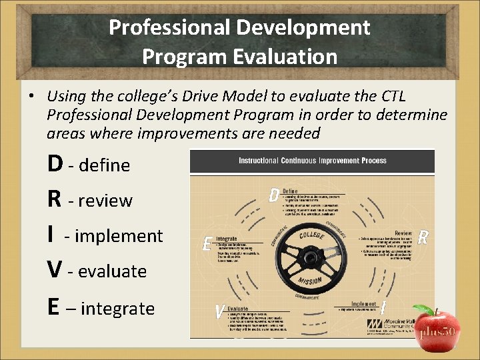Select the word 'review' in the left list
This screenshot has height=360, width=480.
[105, 201]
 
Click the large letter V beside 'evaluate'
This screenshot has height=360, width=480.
[56, 270]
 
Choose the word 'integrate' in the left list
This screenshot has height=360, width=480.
[119, 309]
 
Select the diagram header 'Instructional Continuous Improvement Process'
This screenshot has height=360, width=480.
[312, 161]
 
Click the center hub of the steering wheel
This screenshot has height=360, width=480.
[311, 257]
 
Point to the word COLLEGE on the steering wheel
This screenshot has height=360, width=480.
[311, 235]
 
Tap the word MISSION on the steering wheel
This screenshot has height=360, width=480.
[311, 280]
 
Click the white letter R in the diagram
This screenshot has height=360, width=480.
[423, 238]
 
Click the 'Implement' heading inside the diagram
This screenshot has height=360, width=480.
[363, 303]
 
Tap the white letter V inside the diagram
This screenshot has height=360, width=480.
[219, 311]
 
